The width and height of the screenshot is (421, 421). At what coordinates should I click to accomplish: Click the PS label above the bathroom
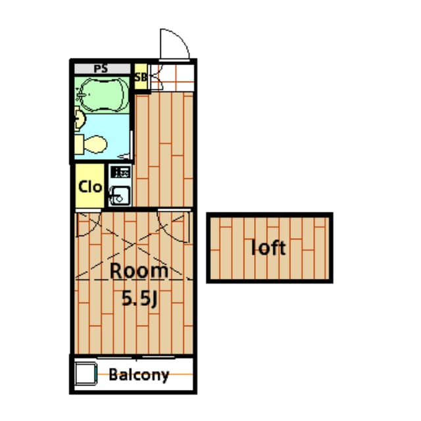101,68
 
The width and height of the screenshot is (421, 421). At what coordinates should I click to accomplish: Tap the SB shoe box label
140,76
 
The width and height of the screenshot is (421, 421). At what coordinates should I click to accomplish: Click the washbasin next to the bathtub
79,119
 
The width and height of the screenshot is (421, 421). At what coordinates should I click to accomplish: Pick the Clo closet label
89,186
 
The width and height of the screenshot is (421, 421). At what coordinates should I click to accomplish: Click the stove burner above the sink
120,173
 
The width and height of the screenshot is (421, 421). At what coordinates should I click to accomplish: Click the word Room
138,270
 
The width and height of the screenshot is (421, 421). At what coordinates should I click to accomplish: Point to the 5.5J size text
138,298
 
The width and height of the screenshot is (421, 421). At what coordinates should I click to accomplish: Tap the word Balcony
139,376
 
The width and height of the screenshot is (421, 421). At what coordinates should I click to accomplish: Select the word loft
269,248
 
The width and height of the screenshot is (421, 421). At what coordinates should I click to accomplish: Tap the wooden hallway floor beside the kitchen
162,151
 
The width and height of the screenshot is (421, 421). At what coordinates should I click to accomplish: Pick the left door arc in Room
87,226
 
